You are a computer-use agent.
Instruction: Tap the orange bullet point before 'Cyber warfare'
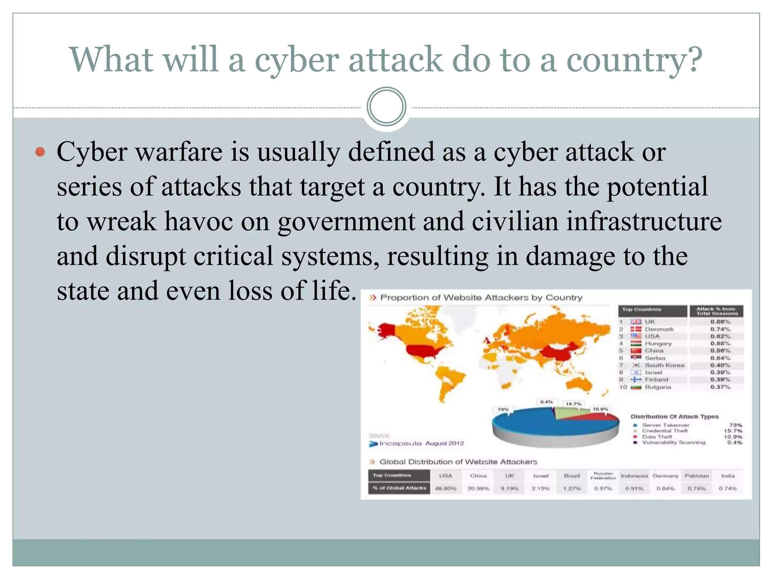pyautogui.click(x=40, y=152)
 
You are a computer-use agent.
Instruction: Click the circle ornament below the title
pyautogui.click(x=386, y=107)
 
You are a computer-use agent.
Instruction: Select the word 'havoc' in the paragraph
pyautogui.click(x=199, y=222)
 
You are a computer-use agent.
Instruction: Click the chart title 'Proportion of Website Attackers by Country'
pyautogui.click(x=481, y=298)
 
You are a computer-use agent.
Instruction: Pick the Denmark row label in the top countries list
pyautogui.click(x=659, y=329)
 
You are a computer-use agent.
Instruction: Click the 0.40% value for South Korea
pyautogui.click(x=720, y=365)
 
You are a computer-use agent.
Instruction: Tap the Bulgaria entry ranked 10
pyautogui.click(x=658, y=387)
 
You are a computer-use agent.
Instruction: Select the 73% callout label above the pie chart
pyautogui.click(x=503, y=409)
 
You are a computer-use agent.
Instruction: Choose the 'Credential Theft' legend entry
pyautogui.click(x=665, y=431)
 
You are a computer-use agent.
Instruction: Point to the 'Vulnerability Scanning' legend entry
pyautogui.click(x=673, y=443)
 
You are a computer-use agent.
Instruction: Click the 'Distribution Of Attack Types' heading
pyautogui.click(x=674, y=417)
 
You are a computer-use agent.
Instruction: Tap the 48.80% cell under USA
pyautogui.click(x=446, y=489)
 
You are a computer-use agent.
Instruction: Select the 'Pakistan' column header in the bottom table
pyautogui.click(x=697, y=476)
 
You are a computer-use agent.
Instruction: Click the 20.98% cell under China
pyautogui.click(x=478, y=489)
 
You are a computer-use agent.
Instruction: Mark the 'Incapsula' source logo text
pyautogui.click(x=400, y=443)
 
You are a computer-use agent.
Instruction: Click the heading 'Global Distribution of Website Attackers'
pyautogui.click(x=458, y=462)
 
